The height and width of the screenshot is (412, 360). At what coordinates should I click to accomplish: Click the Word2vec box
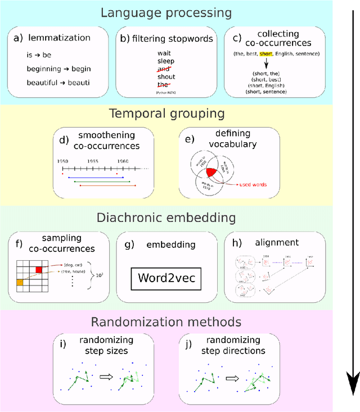coord(166,278)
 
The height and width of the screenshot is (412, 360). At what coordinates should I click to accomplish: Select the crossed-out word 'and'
coord(166,69)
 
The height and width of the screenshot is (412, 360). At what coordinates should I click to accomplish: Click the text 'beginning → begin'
coord(59,69)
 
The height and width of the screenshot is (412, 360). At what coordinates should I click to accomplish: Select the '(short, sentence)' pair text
coord(267,90)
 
